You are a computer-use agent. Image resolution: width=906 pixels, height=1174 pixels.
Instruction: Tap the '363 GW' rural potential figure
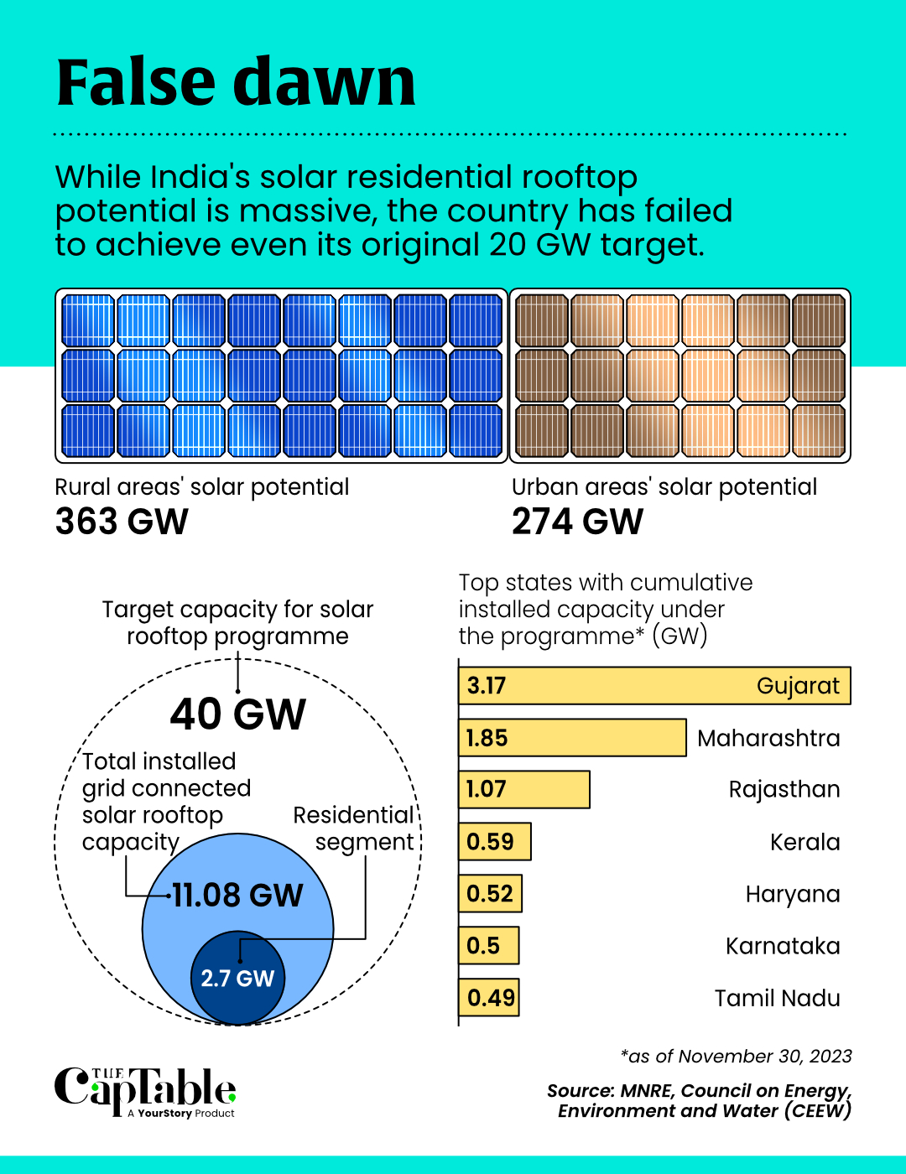122,522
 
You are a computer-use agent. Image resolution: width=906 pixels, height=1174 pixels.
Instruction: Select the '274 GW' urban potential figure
578,522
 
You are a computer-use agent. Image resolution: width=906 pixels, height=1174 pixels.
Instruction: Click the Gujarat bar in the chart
654,686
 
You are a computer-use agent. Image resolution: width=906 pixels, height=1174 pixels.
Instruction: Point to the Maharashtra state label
768,738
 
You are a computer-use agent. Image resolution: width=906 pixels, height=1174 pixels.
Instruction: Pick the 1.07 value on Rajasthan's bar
487,789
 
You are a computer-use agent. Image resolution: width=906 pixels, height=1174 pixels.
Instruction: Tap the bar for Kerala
495,842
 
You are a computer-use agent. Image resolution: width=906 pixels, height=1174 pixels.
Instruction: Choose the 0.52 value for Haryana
490,894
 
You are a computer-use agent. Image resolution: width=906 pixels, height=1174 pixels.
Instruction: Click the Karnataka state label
783,946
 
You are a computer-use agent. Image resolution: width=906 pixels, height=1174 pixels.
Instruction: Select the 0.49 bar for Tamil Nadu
490,998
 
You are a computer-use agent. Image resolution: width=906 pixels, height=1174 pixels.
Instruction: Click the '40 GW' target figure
238,714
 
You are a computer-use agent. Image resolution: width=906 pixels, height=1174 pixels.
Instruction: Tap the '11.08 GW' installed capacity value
237,896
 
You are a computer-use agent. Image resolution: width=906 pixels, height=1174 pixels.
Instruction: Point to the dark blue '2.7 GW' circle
238,978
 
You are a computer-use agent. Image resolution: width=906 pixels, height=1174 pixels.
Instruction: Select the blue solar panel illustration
282,376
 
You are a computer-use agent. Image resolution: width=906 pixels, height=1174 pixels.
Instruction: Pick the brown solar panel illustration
680,376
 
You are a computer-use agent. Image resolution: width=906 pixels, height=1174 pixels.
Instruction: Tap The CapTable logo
145,1092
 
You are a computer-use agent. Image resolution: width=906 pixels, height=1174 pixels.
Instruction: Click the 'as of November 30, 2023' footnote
736,1057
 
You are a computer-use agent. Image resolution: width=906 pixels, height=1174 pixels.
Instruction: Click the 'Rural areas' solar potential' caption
202,487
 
